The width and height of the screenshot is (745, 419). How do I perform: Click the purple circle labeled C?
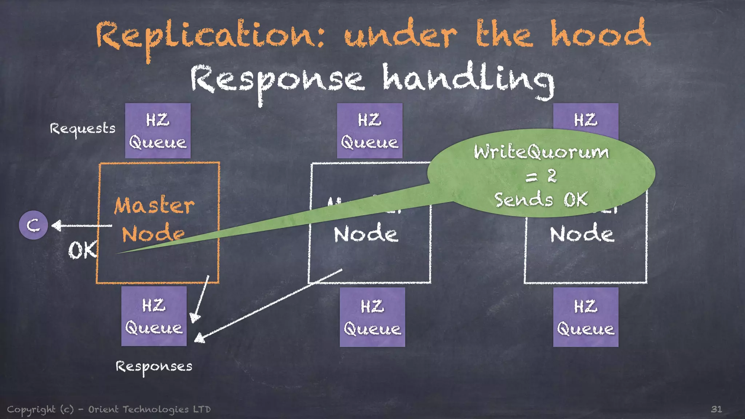[33, 225]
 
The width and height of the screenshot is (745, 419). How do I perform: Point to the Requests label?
[83, 129]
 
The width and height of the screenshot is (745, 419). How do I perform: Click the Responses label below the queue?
[154, 367]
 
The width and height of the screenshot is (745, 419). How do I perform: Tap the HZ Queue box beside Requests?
[158, 131]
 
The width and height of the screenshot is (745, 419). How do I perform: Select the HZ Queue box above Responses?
[154, 316]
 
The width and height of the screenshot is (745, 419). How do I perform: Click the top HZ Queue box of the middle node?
[370, 131]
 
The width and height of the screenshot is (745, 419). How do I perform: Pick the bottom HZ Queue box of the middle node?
[372, 317]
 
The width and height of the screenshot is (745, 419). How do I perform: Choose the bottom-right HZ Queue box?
[586, 317]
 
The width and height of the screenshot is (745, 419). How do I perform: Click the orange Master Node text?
[154, 219]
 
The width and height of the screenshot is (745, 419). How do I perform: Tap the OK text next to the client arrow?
[83, 250]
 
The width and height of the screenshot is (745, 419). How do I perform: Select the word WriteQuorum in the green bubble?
[541, 152]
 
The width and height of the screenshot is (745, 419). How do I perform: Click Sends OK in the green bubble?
[541, 200]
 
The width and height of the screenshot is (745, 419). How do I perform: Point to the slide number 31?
[716, 409]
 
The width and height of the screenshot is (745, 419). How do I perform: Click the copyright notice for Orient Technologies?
[109, 410]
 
